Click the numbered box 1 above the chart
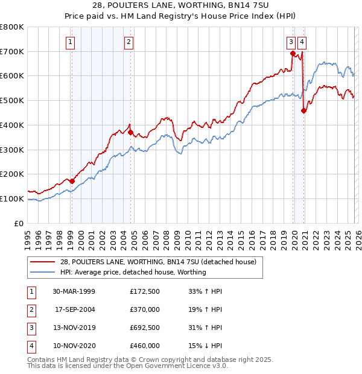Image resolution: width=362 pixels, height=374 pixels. [71, 42]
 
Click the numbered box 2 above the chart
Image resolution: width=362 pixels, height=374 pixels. [129, 42]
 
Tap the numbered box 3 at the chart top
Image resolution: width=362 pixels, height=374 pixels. [291, 42]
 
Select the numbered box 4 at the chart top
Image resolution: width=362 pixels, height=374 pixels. [301, 42]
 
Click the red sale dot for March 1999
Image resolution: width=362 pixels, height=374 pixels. [72, 180]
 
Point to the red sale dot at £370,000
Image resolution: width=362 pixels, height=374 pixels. [130, 132]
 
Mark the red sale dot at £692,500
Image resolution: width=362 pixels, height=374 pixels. [293, 53]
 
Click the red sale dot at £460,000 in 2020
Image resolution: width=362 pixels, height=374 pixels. [303, 110]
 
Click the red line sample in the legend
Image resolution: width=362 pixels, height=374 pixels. [43, 262]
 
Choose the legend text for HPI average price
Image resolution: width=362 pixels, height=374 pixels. [133, 272]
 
